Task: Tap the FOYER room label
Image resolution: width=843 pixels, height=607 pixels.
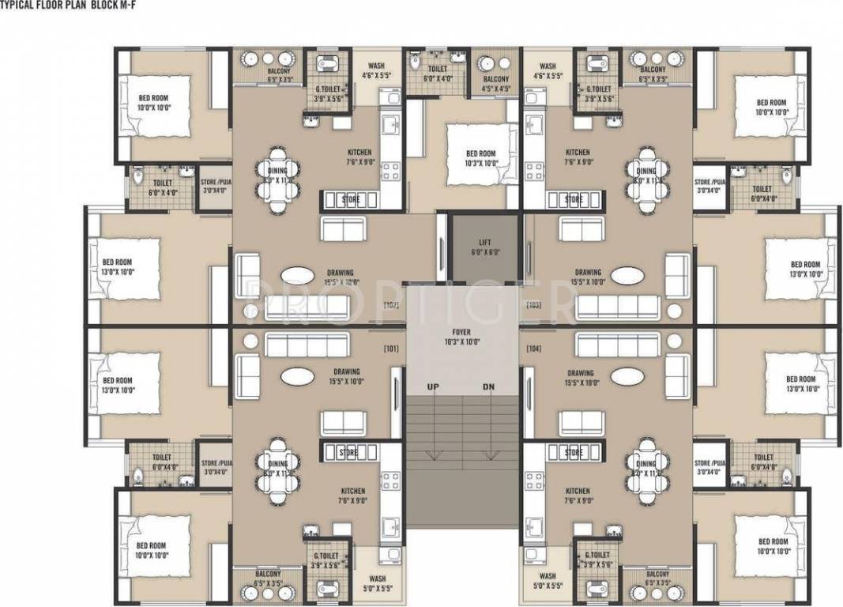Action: click(x=461, y=334)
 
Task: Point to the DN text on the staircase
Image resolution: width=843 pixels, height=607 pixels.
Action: click(x=490, y=386)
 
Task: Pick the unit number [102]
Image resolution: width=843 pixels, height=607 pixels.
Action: click(x=391, y=303)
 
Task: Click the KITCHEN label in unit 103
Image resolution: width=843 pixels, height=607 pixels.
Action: click(x=578, y=153)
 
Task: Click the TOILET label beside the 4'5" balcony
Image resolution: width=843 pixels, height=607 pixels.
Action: click(x=437, y=69)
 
